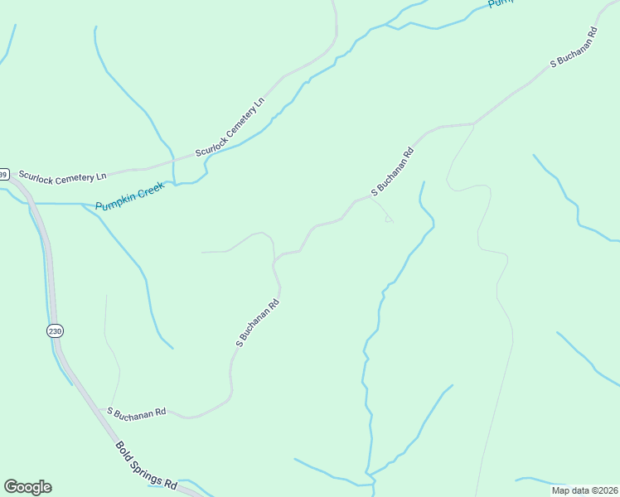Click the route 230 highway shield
[55, 331]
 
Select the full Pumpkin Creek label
[130, 195]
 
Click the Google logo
[27, 487]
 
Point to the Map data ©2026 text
[584, 490]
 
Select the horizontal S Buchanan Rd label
[138, 411]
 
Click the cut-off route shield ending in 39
[3, 174]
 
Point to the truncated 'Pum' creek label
[501, 3]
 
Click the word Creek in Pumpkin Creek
[151, 188]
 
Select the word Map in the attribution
[562, 490]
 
